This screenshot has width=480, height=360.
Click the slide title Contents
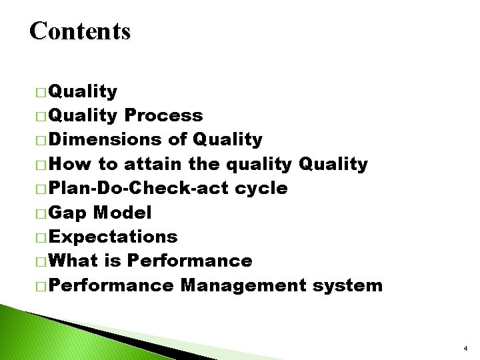[80, 31]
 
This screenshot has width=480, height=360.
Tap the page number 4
[465, 349]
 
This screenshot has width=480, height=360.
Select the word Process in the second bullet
[163, 115]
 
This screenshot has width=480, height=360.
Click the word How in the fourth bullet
[71, 163]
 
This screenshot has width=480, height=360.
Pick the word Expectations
[113, 237]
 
